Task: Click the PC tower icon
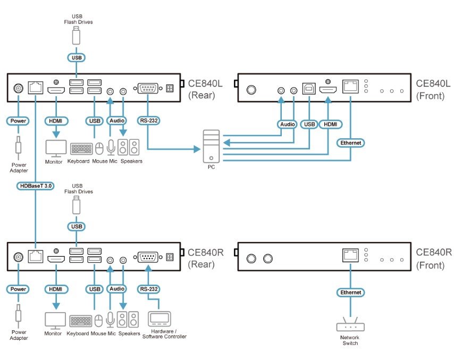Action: [x=212, y=146]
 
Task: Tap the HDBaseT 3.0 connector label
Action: [x=36, y=186]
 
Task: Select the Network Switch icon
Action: [x=350, y=324]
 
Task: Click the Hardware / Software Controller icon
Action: [x=159, y=319]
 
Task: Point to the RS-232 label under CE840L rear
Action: [x=148, y=121]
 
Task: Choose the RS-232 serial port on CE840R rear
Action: [x=148, y=257]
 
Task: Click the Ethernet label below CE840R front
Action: [x=351, y=292]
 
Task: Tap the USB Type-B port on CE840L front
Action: [x=309, y=88]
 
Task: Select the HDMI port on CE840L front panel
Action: [x=328, y=90]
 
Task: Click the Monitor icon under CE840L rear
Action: [x=56, y=148]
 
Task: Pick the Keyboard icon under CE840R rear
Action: [x=81, y=321]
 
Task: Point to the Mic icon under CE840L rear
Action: [x=111, y=147]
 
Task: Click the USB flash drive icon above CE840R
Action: [x=76, y=205]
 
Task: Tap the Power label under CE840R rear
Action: [x=18, y=289]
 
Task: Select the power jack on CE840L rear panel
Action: [x=19, y=88]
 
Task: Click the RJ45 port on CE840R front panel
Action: [x=350, y=255]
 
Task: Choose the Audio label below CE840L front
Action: [x=287, y=124]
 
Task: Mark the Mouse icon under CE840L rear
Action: [x=99, y=148]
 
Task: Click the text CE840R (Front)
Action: [x=433, y=258]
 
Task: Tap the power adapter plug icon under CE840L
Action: [x=19, y=146]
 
